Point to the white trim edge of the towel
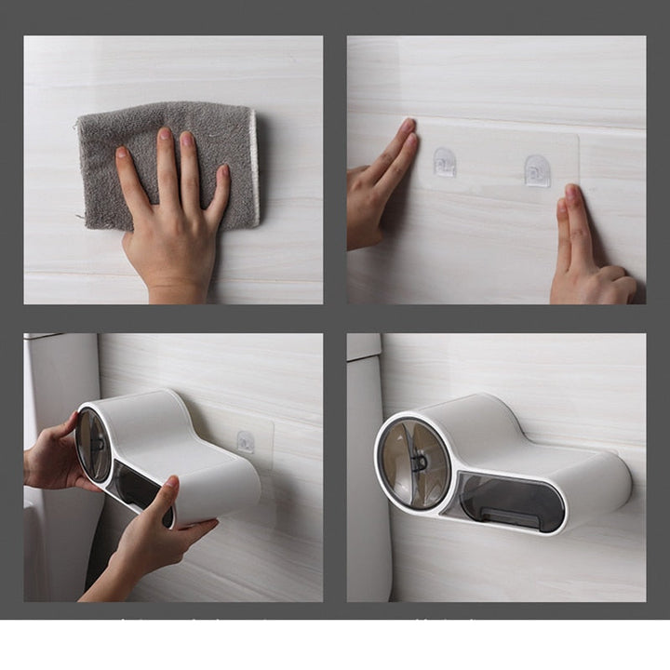pyautogui.click(x=254, y=167)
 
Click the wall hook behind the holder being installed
pyautogui.click(x=246, y=441)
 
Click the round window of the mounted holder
pyautogui.click(x=414, y=462)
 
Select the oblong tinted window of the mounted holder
pyautogui.click(x=511, y=502)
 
